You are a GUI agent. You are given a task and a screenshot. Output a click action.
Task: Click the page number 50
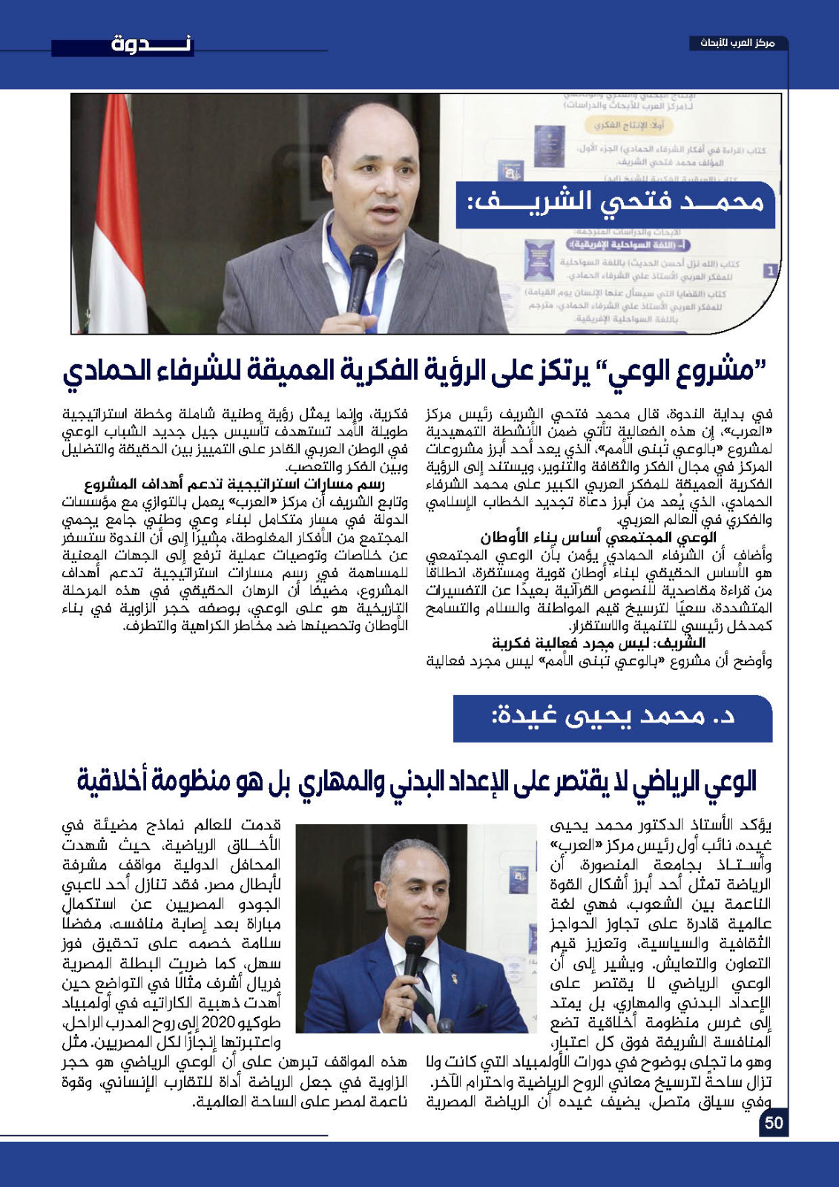coord(773,1122)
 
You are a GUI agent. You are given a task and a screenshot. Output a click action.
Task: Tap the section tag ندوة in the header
coord(151,44)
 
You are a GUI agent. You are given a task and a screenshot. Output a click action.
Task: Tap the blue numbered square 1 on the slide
coord(771,271)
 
